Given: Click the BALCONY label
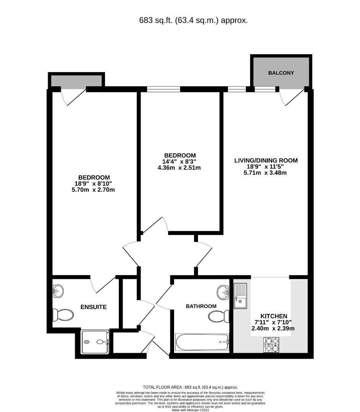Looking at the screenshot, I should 281,72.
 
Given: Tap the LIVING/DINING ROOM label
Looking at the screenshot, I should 266,161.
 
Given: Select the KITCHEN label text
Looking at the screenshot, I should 273,316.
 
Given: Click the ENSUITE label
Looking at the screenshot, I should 93,307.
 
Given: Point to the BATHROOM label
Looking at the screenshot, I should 201,306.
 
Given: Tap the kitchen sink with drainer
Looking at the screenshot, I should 240,296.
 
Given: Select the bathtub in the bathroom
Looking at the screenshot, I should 202,342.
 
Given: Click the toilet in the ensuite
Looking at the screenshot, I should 63,315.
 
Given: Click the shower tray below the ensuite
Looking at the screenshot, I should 96,342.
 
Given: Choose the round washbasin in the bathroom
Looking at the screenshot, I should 223,293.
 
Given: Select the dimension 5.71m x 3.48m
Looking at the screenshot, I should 266,173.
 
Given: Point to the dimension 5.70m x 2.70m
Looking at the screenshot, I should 94,190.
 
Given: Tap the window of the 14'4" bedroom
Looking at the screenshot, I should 163,90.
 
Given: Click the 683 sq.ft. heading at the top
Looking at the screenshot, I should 194,21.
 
